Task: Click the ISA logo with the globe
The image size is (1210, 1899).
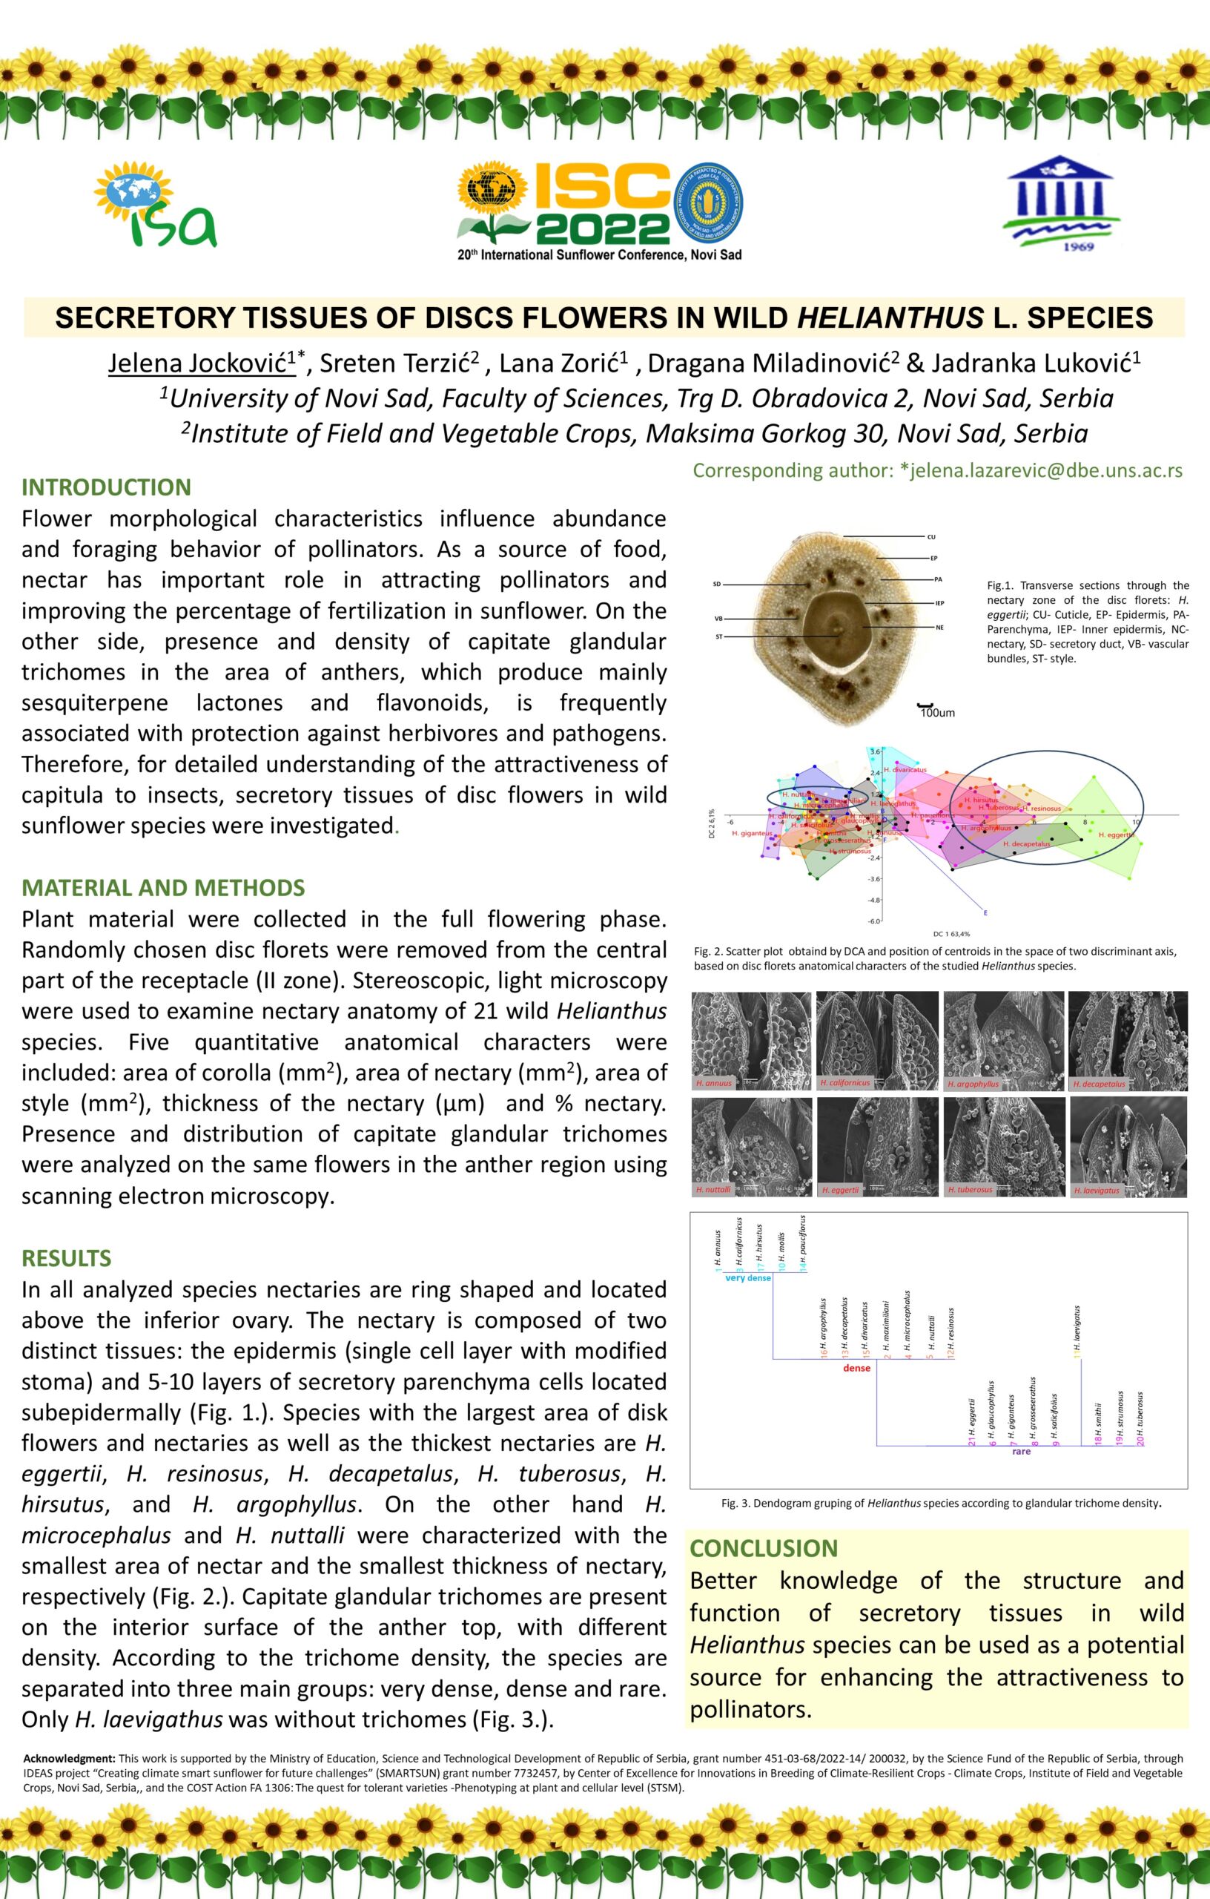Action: [x=155, y=204]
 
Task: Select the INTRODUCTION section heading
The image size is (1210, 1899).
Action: [x=107, y=487]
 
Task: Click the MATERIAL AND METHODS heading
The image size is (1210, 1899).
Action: [x=163, y=888]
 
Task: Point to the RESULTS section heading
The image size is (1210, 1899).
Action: [x=66, y=1258]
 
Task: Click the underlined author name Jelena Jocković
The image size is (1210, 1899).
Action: [x=202, y=363]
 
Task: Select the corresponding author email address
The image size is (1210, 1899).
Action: [x=1040, y=471]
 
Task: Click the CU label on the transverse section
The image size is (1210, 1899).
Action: [x=931, y=537]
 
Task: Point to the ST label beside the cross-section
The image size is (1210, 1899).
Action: [x=719, y=636]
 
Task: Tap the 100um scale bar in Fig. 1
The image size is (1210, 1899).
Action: [x=936, y=711]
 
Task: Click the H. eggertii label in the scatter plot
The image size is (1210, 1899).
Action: [x=1116, y=835]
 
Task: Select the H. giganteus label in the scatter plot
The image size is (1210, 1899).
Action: [x=751, y=833]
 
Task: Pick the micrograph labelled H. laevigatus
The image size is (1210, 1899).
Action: [x=1127, y=1148]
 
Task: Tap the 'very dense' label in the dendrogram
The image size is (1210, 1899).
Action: [x=747, y=1278]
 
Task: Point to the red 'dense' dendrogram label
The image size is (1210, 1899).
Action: [x=856, y=1369]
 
